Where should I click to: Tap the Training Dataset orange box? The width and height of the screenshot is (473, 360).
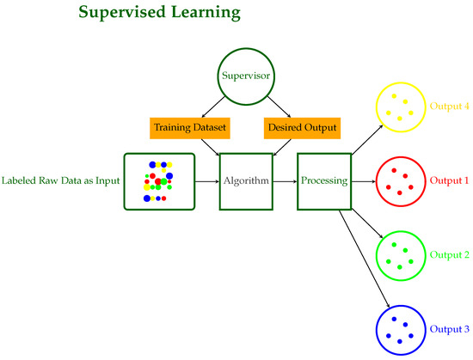tap(190, 128)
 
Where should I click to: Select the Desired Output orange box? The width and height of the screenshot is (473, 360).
tap(302, 128)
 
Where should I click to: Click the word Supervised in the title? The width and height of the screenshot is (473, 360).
tap(122, 13)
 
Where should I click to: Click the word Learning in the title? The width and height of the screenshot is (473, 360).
tap(206, 13)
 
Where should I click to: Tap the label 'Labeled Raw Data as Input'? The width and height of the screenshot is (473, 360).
tap(61, 180)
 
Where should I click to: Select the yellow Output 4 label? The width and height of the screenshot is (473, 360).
tap(450, 106)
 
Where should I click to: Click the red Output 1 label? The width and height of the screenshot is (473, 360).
tap(450, 180)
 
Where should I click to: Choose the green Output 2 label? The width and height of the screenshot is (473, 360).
tap(450, 255)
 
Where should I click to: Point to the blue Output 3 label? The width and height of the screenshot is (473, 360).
tap(450, 329)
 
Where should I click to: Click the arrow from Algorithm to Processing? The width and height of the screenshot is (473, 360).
tap(285, 181)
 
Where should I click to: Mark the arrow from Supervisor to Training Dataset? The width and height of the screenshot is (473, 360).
tap(213, 107)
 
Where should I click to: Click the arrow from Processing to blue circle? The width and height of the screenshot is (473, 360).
tap(364, 259)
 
